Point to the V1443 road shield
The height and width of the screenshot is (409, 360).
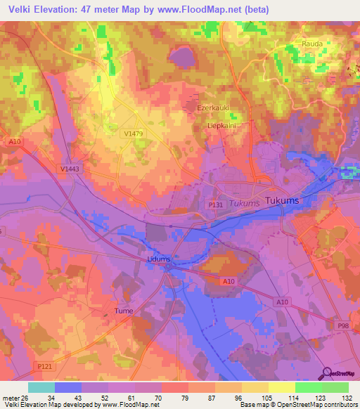click(x=70, y=169)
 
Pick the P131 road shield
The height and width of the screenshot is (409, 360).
click(x=215, y=204)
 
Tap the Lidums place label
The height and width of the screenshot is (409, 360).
click(x=159, y=259)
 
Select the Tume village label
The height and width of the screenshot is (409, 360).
click(x=123, y=310)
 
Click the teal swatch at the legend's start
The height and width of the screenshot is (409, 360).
click(x=41, y=387)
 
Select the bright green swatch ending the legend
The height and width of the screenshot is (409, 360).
click(x=335, y=387)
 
